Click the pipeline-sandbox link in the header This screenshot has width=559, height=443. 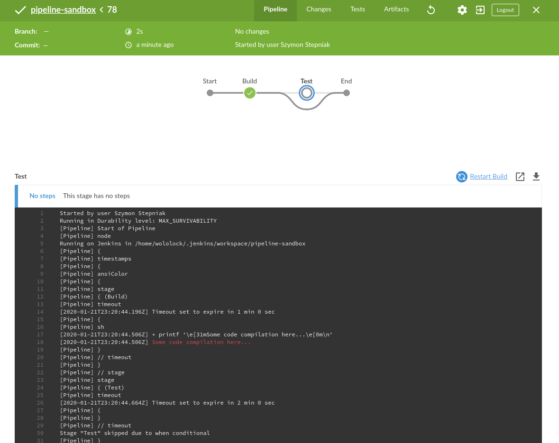click(x=63, y=10)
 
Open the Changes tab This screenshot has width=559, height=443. click(x=319, y=9)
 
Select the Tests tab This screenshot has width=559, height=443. click(x=357, y=9)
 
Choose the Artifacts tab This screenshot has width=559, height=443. click(x=396, y=9)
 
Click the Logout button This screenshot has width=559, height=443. click(x=505, y=10)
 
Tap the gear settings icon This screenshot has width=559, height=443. click(x=462, y=10)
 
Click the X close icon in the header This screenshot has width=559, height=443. click(x=536, y=10)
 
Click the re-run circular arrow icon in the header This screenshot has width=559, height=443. click(x=431, y=10)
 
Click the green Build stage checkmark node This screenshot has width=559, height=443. click(x=250, y=93)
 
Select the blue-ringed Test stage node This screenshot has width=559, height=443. click(x=307, y=93)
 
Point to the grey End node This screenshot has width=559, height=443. click(x=347, y=93)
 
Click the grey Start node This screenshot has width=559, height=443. click(x=210, y=93)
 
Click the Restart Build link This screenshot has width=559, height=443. click(x=488, y=176)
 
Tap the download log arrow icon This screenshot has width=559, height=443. click(x=536, y=177)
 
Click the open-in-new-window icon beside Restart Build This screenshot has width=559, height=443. click(x=520, y=177)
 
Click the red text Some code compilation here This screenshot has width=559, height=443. click(x=201, y=342)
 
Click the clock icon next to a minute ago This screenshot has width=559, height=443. click(x=128, y=45)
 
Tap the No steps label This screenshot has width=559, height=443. click(x=42, y=196)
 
